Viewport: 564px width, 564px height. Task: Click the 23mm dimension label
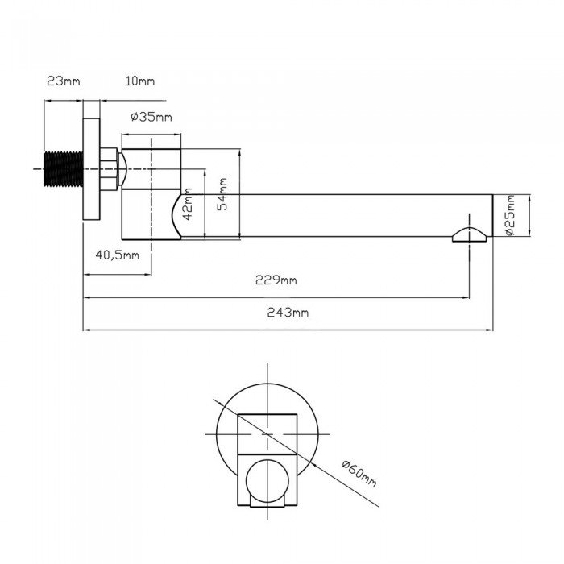coord(64,81)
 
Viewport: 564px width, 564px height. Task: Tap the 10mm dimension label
coord(140,81)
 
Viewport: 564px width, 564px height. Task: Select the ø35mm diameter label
coord(151,117)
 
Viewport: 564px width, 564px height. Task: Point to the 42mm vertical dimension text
coord(188,204)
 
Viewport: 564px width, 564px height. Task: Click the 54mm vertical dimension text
coord(222,194)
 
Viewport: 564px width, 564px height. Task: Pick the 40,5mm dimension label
coord(118,255)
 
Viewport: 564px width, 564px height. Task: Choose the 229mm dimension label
coord(276,280)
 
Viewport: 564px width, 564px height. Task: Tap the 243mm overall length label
coord(288,313)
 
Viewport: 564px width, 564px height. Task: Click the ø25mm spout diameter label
coord(510,215)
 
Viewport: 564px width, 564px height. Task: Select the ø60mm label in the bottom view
coord(359,474)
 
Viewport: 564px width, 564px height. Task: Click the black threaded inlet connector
coord(64,169)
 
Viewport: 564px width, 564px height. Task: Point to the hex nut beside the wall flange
coord(109,168)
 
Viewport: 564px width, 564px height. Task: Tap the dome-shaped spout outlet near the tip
coord(470,234)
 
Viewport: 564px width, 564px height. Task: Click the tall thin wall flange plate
coord(91,169)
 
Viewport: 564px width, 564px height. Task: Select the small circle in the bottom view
coord(268,480)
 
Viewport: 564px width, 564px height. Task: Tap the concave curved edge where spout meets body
coord(176,214)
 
